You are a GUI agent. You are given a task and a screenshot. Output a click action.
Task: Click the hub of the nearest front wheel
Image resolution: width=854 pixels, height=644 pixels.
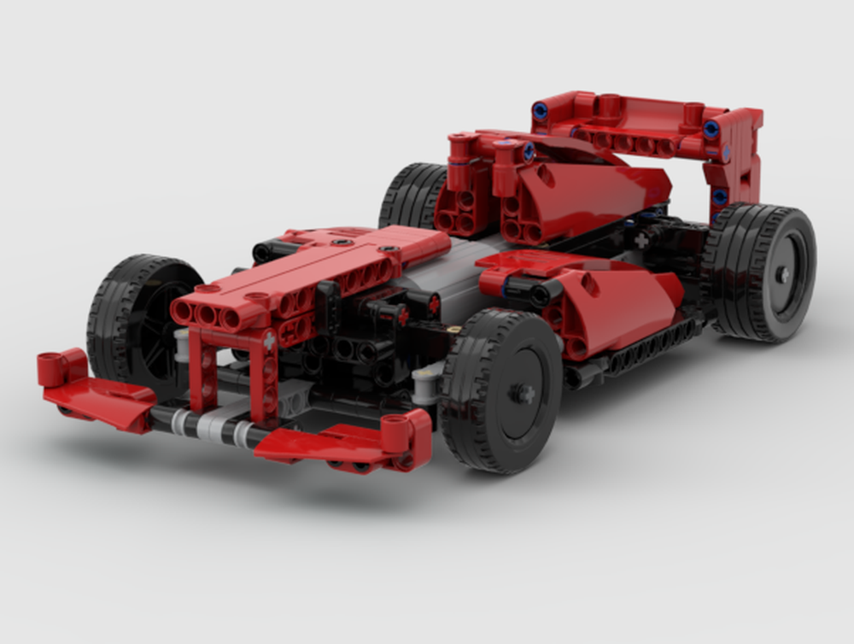click(x=518, y=392)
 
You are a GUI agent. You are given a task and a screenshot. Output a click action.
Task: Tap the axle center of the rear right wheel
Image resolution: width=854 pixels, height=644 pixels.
click(x=782, y=274)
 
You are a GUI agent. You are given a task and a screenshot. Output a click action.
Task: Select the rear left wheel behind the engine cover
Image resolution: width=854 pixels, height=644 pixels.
click(x=412, y=196)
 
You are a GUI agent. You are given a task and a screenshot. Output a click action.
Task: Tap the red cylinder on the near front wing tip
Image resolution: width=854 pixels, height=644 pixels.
click(x=395, y=431)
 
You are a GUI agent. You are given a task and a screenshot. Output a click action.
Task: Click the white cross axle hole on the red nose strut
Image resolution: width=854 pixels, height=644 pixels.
click(x=270, y=340)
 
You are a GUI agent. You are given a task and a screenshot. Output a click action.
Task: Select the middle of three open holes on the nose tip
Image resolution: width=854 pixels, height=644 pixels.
click(x=206, y=314)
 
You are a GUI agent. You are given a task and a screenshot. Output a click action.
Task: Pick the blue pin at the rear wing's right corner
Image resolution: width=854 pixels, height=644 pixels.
click(x=711, y=128)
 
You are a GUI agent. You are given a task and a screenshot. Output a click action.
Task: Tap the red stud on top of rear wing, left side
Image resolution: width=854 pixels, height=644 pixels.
click(x=607, y=106)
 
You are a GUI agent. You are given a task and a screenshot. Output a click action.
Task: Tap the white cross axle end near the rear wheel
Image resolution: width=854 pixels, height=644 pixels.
click(x=641, y=241)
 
